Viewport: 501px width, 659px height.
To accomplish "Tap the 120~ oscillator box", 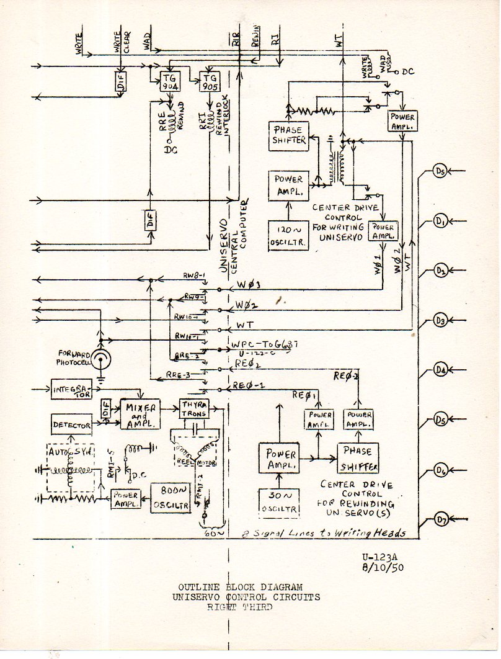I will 288,235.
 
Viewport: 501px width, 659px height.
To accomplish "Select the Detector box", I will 72,425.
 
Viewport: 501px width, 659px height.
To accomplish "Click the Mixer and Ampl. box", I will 140,413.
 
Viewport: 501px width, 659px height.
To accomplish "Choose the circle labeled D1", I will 440,222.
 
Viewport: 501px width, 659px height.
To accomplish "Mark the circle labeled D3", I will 440,321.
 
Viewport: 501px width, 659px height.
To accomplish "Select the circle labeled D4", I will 440,370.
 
